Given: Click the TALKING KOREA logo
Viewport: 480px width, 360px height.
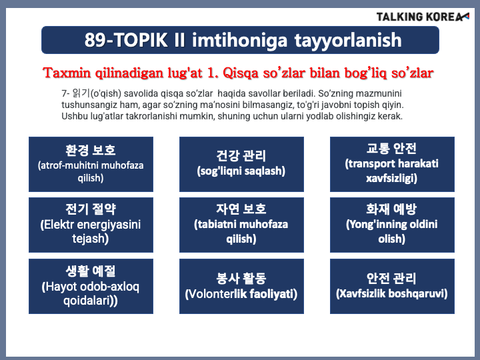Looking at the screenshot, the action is [x=423, y=17].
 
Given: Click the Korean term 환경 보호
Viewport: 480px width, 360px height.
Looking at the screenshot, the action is [x=91, y=150].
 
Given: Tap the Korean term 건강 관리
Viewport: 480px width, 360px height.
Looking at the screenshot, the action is [x=241, y=155].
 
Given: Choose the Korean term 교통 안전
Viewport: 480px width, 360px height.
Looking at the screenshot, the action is [x=391, y=149].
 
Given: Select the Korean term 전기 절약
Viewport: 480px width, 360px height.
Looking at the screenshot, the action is [x=91, y=209].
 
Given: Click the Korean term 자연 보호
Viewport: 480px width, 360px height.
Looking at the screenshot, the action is [x=241, y=209].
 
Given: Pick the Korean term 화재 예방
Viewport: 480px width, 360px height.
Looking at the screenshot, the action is [x=391, y=209].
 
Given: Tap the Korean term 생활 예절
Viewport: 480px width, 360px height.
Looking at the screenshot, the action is [x=91, y=271].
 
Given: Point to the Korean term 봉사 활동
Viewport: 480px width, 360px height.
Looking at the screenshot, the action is [x=241, y=278].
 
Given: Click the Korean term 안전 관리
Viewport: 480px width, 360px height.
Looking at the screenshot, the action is [x=391, y=278].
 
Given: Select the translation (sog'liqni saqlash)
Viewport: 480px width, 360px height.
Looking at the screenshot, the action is [x=241, y=171].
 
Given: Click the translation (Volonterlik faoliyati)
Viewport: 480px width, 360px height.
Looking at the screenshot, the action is [x=241, y=294].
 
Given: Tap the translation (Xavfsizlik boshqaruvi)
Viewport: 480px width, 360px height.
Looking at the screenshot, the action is [x=391, y=293].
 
